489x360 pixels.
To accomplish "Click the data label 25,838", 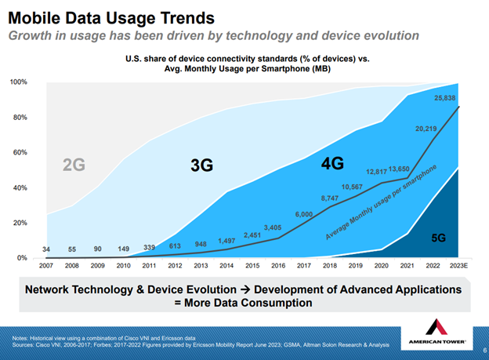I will [450, 98].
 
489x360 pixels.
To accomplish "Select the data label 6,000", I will [304, 214].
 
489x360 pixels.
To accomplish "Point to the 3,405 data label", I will [273, 227].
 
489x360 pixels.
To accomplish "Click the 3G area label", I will [202, 165].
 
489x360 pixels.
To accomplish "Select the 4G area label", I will [333, 164].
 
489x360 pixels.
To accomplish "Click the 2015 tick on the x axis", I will [252, 266].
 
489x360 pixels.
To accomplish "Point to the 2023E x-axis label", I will [458, 266].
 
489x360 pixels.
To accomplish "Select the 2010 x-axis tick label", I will [124, 266].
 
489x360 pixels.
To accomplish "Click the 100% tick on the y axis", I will [20, 82].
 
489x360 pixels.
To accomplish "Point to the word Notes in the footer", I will [20, 337].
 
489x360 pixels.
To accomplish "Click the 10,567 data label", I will [353, 187].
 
